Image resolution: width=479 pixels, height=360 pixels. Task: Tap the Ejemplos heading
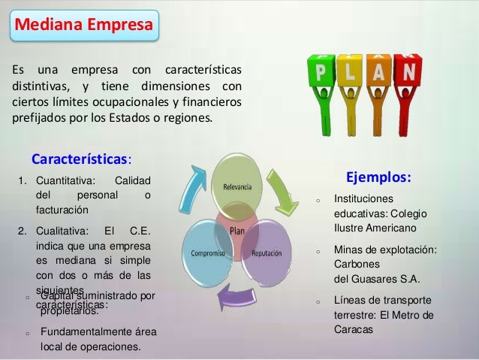click(x=378, y=178)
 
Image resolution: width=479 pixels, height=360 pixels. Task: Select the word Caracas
click(x=352, y=329)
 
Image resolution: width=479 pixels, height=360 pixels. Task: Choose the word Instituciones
click(x=363, y=199)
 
